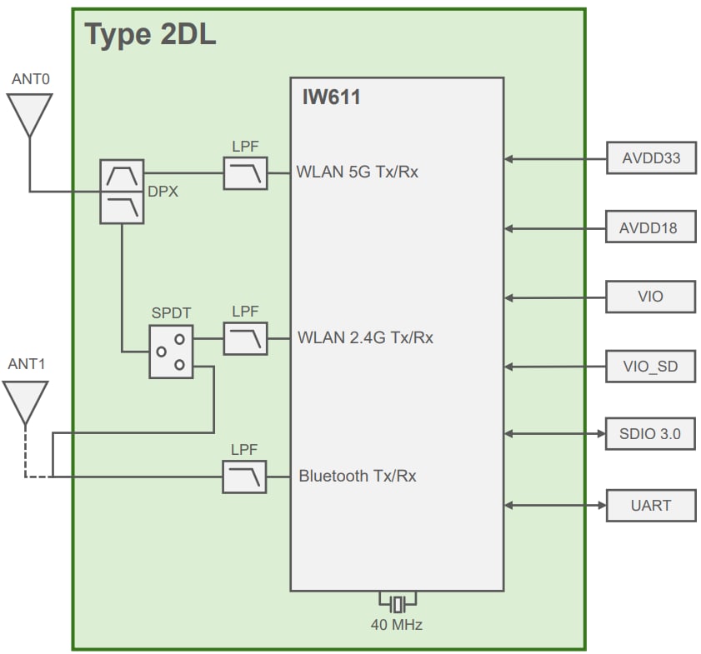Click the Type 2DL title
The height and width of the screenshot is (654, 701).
(x=150, y=35)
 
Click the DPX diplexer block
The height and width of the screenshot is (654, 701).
(x=122, y=191)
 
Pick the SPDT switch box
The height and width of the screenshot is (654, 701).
(x=171, y=352)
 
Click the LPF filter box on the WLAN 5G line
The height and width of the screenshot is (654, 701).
(x=245, y=173)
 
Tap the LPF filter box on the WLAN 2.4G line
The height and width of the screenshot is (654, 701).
(x=245, y=338)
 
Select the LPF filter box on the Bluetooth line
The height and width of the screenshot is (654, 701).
(x=245, y=477)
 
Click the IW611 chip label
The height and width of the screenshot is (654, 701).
(x=331, y=97)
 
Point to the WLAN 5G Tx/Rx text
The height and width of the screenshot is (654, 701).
(x=358, y=173)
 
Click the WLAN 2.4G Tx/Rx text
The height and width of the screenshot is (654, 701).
(x=365, y=338)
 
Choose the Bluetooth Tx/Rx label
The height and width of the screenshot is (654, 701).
(x=358, y=477)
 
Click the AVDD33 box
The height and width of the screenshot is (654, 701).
(x=650, y=157)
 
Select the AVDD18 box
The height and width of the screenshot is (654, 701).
(x=650, y=227)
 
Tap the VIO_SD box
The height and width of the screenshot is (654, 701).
(x=650, y=366)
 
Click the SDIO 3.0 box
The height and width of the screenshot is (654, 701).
(x=650, y=434)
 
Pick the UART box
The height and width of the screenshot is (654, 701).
(x=650, y=505)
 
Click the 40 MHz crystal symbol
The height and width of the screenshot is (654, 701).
(x=398, y=602)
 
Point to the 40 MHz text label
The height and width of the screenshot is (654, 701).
(x=397, y=624)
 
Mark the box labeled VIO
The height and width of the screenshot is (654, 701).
(x=650, y=297)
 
